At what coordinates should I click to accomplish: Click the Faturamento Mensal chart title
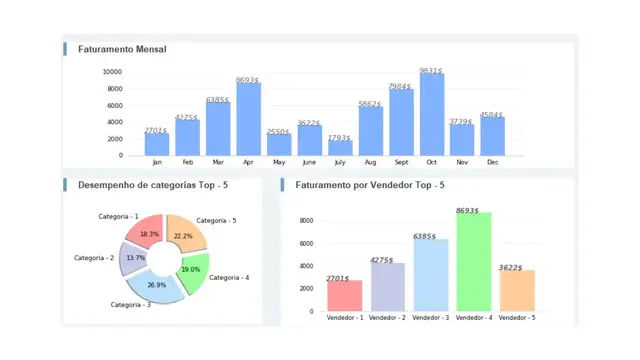pyautogui.click(x=122, y=49)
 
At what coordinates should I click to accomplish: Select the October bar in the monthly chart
pyautogui.click(x=431, y=114)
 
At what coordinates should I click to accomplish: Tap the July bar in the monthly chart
pyautogui.click(x=340, y=148)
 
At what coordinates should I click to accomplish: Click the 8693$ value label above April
pyautogui.click(x=248, y=80)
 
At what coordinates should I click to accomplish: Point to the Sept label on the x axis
pyautogui.click(x=401, y=162)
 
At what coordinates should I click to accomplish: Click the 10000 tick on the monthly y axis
pyautogui.click(x=112, y=72)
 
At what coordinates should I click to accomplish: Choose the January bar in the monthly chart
pyautogui.click(x=156, y=144)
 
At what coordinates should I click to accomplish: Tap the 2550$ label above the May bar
pyautogui.click(x=278, y=132)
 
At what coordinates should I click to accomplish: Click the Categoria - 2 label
pyautogui.click(x=95, y=258)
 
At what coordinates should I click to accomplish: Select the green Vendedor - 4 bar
pyautogui.click(x=473, y=262)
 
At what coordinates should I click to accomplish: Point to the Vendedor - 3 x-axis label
pyautogui.click(x=430, y=318)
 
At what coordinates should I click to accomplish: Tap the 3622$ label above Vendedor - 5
pyautogui.click(x=516, y=267)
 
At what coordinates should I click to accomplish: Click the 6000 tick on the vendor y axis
pyautogui.click(x=306, y=243)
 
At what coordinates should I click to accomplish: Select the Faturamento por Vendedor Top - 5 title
pyautogui.click(x=370, y=185)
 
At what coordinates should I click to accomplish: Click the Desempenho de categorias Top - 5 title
pyautogui.click(x=153, y=185)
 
